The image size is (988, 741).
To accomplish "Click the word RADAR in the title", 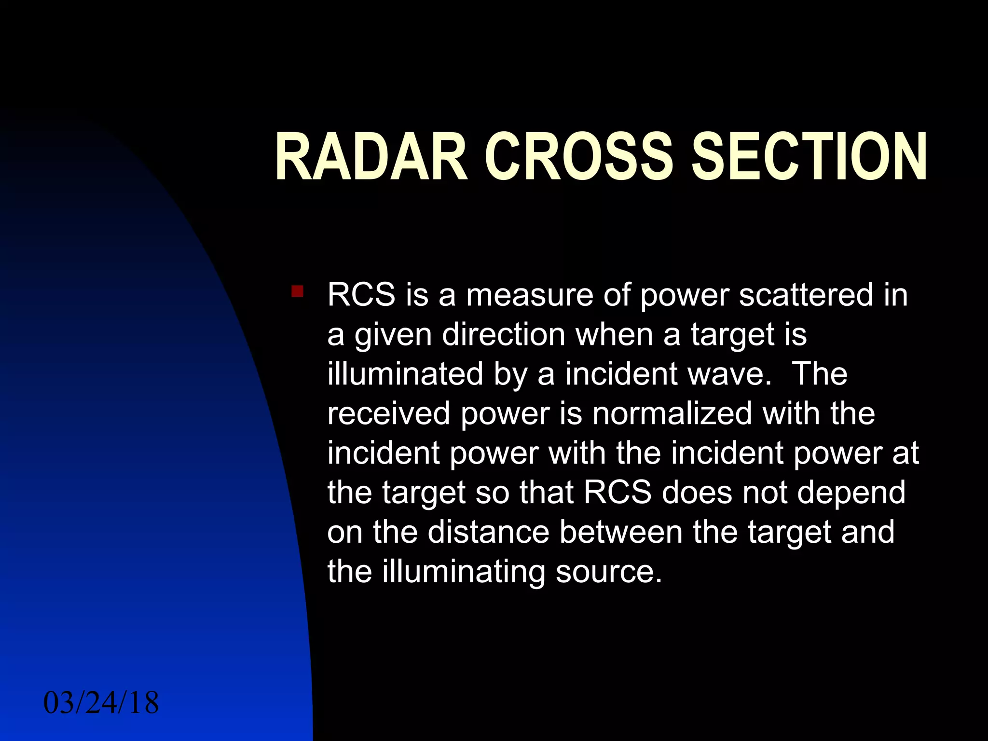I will [371, 157].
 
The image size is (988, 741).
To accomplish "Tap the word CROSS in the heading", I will [578, 157].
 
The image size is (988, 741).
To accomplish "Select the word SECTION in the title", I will [809, 157].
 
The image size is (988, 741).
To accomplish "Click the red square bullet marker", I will [297, 291].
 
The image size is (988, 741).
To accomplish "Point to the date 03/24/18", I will [101, 702].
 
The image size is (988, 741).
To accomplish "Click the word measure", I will [529, 295].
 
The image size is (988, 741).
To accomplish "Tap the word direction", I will [504, 334].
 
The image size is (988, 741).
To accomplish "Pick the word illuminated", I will [405, 374].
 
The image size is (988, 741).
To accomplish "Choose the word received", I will [388, 413].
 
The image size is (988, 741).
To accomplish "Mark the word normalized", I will [672, 413].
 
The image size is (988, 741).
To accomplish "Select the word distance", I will [488, 532].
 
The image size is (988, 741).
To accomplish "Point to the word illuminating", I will [463, 572].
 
